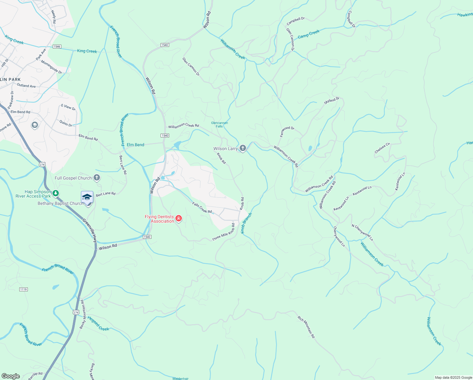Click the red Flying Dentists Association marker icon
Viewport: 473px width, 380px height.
(x=179, y=218)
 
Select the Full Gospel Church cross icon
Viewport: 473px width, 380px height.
(x=97, y=178)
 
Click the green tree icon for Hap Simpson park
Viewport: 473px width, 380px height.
(x=56, y=193)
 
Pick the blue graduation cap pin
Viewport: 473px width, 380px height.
(x=87, y=197)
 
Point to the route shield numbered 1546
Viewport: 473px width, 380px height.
(x=57, y=47)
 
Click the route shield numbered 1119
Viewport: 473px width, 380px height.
(x=23, y=289)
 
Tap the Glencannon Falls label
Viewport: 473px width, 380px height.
(x=219, y=124)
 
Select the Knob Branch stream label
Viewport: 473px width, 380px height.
(x=247, y=223)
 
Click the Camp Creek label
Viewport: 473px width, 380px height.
(x=309, y=34)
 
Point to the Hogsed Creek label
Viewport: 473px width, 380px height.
(x=98, y=324)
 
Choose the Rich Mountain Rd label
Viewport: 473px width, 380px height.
(x=306, y=327)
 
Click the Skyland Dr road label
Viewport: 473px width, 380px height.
(x=331, y=101)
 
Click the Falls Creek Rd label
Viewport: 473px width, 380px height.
(x=202, y=208)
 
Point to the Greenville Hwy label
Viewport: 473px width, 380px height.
(x=89, y=231)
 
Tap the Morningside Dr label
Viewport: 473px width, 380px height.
(x=52, y=67)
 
